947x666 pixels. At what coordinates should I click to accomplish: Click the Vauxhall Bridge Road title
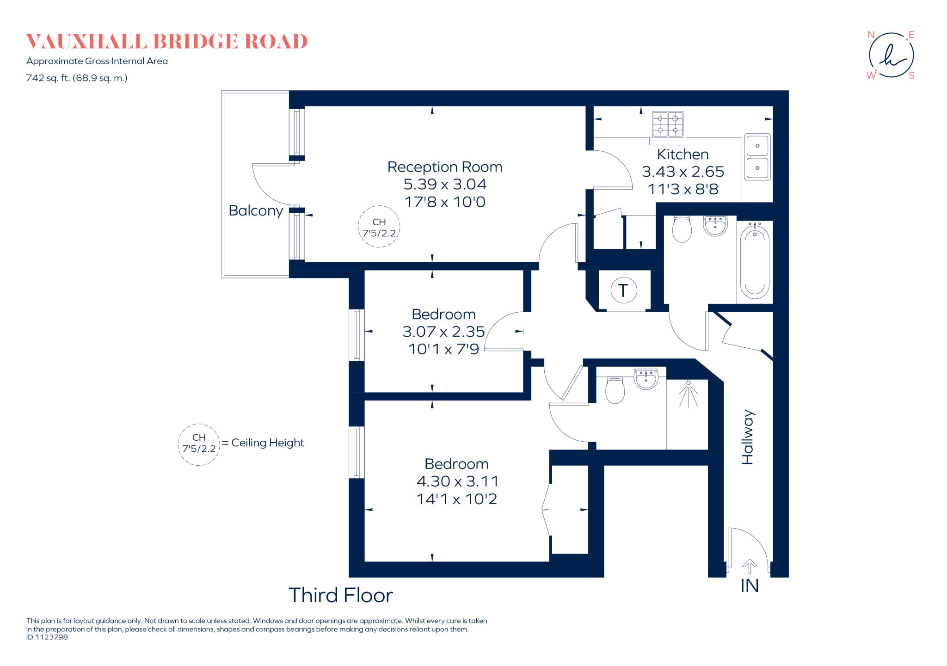pyautogui.click(x=166, y=42)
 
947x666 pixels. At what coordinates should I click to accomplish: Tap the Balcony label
pyautogui.click(x=256, y=211)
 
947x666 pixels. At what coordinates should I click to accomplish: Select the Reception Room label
pyautogui.click(x=444, y=167)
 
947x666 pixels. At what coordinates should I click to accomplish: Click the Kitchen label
pyautogui.click(x=683, y=154)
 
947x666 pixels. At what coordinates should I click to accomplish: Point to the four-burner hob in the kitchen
pyautogui.click(x=667, y=124)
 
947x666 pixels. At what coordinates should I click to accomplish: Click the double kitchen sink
pyautogui.click(x=757, y=157)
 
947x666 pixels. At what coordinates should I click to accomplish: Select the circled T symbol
pyautogui.click(x=624, y=290)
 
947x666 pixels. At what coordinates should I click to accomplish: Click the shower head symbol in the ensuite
pyautogui.click(x=689, y=394)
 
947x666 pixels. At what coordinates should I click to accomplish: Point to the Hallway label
pyautogui.click(x=748, y=437)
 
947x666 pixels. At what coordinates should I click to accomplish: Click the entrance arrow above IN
pyautogui.click(x=750, y=566)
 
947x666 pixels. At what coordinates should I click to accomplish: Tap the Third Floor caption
pyautogui.click(x=341, y=596)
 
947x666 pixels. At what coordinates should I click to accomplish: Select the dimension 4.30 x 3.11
pyautogui.click(x=457, y=481)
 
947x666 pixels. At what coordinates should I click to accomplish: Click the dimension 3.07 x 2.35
pyautogui.click(x=443, y=332)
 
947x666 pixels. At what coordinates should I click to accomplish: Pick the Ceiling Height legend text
pyautogui.click(x=267, y=443)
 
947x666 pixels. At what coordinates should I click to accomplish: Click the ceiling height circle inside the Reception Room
pyautogui.click(x=379, y=227)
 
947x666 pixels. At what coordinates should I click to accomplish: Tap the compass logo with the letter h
pyautogui.click(x=891, y=55)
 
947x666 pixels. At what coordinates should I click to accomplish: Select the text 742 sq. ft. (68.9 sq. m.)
pyautogui.click(x=77, y=78)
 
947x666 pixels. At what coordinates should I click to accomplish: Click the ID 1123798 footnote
pyautogui.click(x=47, y=637)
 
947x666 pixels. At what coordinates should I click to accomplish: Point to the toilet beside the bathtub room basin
pyautogui.click(x=682, y=229)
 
